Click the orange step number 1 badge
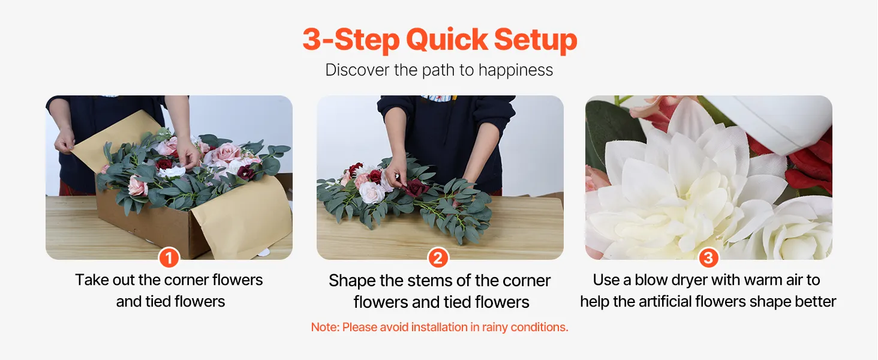pos(169,258)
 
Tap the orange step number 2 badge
pos(438,258)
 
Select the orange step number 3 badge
pos(708,258)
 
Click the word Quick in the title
pos(447,40)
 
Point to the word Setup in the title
pos(536,40)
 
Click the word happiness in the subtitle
pos(515,71)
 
